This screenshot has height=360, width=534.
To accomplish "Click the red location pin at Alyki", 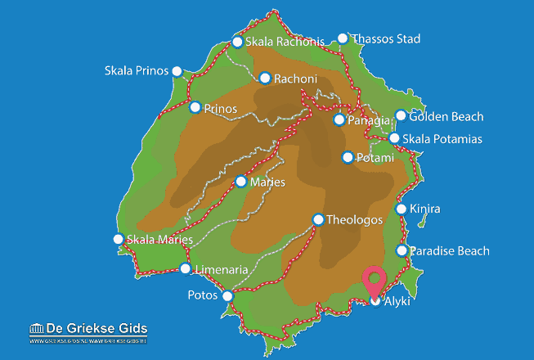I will tap(375, 281).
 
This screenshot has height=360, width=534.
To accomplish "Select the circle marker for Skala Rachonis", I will tap(237, 42).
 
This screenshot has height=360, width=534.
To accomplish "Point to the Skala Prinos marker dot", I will tap(176, 71).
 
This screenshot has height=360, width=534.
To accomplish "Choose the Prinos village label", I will tap(221, 108).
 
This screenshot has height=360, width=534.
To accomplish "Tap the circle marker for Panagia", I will tap(339, 120).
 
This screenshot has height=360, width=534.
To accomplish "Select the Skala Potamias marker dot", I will tap(394, 138).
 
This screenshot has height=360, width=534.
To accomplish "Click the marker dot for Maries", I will tap(240, 182).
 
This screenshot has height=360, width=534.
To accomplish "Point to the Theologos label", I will tap(354, 219).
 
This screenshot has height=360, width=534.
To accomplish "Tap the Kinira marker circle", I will tap(401, 209).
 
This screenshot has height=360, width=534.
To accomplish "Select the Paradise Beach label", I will tap(450, 251).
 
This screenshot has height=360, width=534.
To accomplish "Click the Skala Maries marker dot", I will tap(118, 239).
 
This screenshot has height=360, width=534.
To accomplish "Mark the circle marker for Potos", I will tap(227, 295).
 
